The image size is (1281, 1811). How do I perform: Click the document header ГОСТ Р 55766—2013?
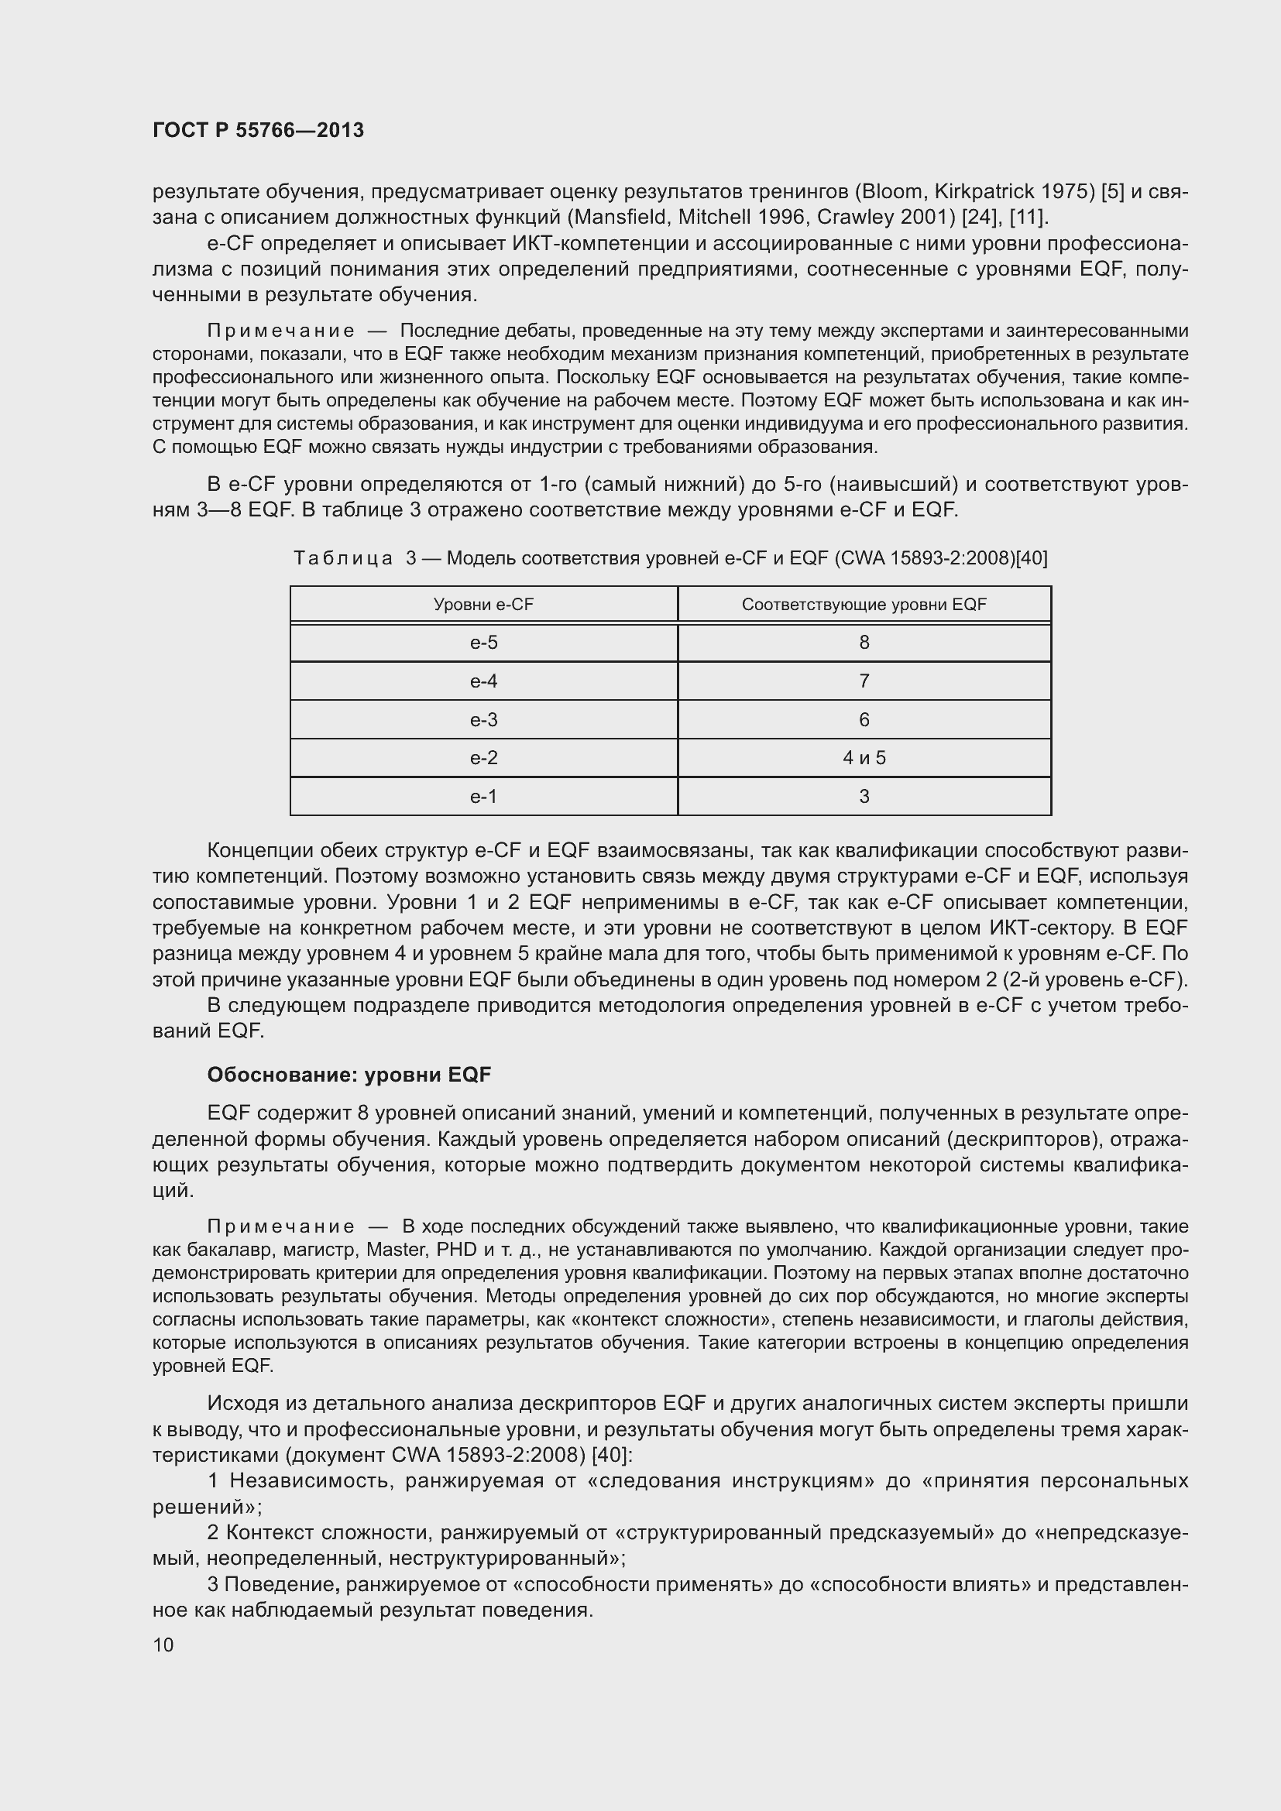tap(258, 130)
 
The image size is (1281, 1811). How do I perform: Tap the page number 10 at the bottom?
tap(163, 1645)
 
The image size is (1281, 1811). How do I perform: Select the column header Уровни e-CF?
tap(483, 605)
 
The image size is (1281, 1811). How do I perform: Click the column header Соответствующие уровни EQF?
tap(864, 605)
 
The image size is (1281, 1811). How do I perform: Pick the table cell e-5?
tap(483, 643)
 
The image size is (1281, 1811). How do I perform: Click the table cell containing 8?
tap(864, 643)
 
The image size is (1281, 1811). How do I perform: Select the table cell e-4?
tap(483, 681)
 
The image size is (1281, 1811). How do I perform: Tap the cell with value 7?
tap(864, 681)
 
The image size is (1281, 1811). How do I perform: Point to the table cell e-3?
tap(483, 719)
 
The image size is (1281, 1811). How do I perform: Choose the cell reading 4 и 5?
tap(864, 758)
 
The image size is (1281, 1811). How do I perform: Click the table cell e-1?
tap(483, 797)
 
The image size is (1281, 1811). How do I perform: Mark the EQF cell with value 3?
tap(864, 797)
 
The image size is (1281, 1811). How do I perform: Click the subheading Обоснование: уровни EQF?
tap(349, 1075)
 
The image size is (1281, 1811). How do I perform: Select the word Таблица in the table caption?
tap(342, 558)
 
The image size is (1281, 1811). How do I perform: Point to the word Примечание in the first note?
tap(280, 331)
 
